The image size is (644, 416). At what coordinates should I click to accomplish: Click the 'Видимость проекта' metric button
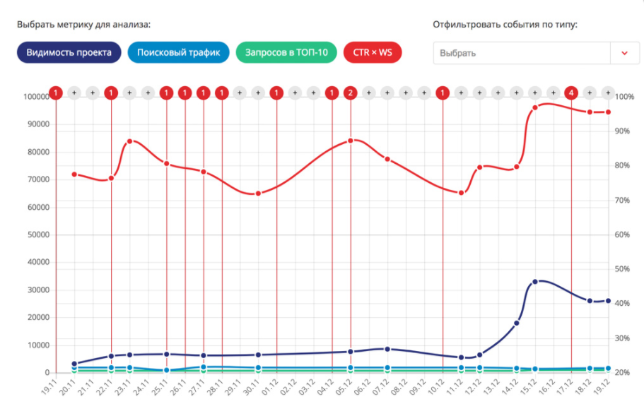(69, 52)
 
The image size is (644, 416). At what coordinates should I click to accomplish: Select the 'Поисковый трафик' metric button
(179, 52)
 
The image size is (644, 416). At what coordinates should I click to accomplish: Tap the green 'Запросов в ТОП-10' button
(286, 52)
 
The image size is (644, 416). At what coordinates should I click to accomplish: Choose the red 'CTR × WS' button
(372, 52)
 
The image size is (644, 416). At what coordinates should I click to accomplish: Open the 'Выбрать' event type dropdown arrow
(624, 53)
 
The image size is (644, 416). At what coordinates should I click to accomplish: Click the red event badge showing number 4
(571, 93)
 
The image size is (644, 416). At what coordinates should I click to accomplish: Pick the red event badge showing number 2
(351, 93)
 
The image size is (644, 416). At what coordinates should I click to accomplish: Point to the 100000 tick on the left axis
(35, 97)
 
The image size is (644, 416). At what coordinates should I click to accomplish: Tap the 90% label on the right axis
(626, 131)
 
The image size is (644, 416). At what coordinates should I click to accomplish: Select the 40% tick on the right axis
(626, 304)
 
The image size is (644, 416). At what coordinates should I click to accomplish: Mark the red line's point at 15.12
(534, 107)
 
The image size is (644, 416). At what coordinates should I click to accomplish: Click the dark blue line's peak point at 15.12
(534, 282)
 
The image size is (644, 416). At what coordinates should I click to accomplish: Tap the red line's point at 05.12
(351, 141)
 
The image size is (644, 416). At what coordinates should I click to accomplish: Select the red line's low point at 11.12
(461, 193)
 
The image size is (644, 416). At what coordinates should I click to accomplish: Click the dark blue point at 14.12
(516, 323)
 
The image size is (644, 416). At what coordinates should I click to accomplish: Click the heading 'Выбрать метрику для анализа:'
(84, 25)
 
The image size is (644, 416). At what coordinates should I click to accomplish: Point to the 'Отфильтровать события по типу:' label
(505, 25)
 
